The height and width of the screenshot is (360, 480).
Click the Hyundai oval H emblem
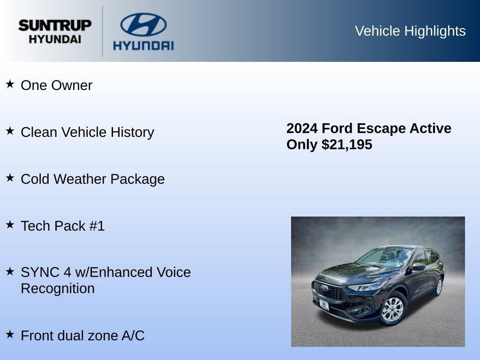(x=143, y=24)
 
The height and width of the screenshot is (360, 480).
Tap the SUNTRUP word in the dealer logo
(x=55, y=25)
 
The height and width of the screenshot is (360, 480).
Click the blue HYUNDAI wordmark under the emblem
(x=143, y=45)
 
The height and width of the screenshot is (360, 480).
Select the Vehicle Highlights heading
(x=410, y=31)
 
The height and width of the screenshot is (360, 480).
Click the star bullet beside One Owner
(x=10, y=84)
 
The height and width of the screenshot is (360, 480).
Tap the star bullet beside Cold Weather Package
(x=10, y=178)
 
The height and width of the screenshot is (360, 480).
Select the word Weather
(x=80, y=179)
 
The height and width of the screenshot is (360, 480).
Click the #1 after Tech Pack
(x=97, y=226)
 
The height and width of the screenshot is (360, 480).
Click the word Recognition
(x=58, y=288)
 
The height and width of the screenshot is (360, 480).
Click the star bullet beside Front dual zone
(x=10, y=335)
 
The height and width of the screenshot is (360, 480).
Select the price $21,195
(x=347, y=144)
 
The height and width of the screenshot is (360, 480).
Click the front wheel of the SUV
(x=392, y=309)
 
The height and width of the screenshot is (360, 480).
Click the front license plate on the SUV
(x=324, y=305)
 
